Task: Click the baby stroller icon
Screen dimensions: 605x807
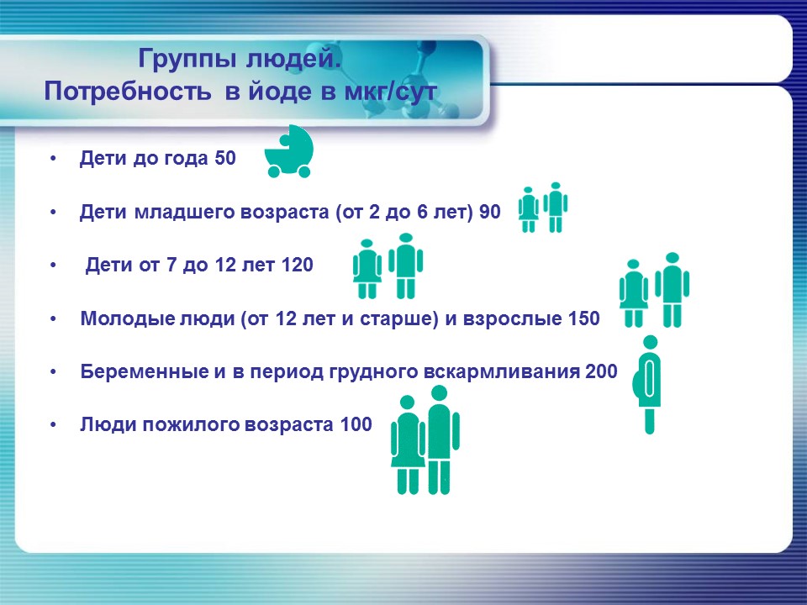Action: [288, 153]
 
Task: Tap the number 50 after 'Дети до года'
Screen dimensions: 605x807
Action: [225, 159]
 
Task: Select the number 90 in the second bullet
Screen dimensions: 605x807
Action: [489, 213]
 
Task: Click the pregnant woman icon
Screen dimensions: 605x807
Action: [648, 384]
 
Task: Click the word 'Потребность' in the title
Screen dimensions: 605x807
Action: [130, 92]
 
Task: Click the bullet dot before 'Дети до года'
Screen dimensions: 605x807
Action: [55, 159]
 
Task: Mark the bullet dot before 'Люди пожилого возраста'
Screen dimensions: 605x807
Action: [55, 425]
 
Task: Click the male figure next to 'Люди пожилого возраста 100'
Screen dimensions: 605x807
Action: [439, 445]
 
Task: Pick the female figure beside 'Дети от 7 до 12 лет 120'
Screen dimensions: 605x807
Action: [367, 269]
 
